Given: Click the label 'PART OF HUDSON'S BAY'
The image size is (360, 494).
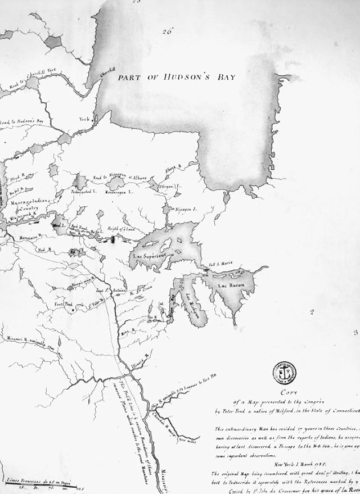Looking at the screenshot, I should tap(175, 78).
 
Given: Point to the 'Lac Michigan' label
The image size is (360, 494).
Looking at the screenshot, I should tap(191, 306).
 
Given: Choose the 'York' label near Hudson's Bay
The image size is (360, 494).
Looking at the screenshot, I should tap(85, 119).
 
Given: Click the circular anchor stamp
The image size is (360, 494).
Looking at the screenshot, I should tap(282, 371).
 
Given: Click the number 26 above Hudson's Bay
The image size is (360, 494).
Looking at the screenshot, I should tap(165, 31).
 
